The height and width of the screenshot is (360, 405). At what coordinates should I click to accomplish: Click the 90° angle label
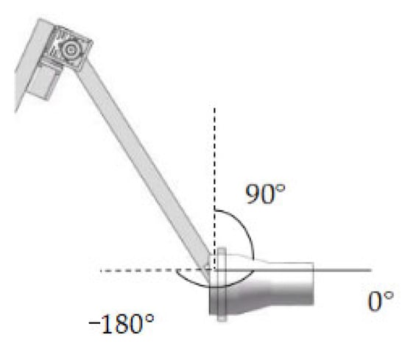click(x=265, y=194)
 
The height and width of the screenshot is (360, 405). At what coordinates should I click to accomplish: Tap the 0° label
click(x=381, y=301)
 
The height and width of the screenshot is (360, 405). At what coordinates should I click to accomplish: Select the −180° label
click(x=121, y=323)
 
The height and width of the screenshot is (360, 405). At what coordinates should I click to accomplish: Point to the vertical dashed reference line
click(x=214, y=188)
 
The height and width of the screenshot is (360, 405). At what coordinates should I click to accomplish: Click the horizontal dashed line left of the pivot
click(x=158, y=270)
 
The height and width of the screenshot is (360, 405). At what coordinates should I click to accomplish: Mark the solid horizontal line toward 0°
click(x=293, y=270)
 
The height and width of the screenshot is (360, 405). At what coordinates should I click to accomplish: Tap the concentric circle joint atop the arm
click(x=70, y=49)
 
